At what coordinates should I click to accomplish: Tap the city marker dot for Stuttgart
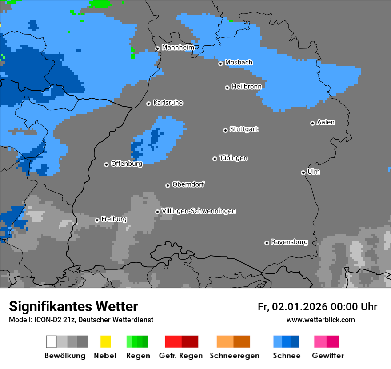pyautogui.click(x=225, y=130)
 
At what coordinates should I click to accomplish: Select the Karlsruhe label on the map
pyautogui.click(x=168, y=103)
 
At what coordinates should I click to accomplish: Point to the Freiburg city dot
pyautogui.click(x=97, y=220)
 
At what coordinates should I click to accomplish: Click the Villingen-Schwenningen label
pyautogui.click(x=199, y=211)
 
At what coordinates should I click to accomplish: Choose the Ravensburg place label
pyautogui.click(x=289, y=242)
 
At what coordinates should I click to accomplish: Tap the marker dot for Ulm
pyautogui.click(x=303, y=172)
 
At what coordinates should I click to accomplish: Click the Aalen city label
pyautogui.click(x=326, y=122)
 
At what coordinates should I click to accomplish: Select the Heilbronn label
pyautogui.click(x=247, y=86)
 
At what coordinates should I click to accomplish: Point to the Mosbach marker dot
pyautogui.click(x=220, y=64)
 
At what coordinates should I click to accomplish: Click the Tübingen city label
pyautogui.click(x=233, y=158)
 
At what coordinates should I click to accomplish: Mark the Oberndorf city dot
pyautogui.click(x=168, y=185)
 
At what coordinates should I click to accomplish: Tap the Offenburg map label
pyautogui.click(x=127, y=164)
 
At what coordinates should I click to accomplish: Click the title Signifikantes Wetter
pyautogui.click(x=73, y=306)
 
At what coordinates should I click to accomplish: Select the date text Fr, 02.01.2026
pyautogui.click(x=292, y=307)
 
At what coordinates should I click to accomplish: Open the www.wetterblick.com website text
pyautogui.click(x=320, y=320)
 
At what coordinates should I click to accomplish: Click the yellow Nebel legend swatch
pyautogui.click(x=105, y=341)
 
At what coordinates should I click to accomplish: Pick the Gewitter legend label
pyautogui.click(x=327, y=356)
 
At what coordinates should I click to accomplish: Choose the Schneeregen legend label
pyautogui.click(x=234, y=356)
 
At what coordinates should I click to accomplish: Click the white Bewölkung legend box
pyautogui.click(x=52, y=341)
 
